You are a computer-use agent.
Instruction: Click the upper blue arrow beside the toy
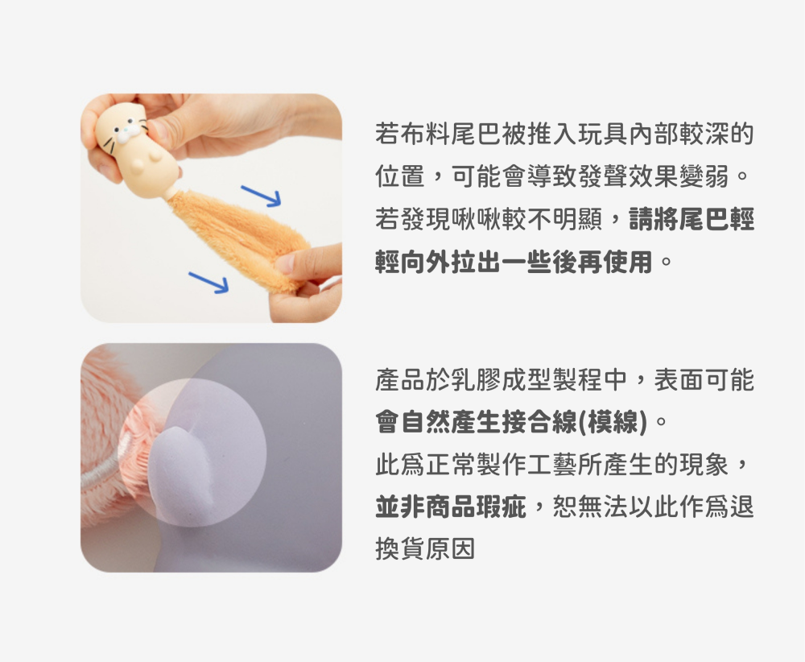click(262, 196)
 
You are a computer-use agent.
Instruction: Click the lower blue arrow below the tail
click(209, 283)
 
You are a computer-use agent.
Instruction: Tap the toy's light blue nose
click(126, 134)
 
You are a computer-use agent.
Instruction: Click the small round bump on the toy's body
click(138, 163)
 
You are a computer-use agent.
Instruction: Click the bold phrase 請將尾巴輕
click(691, 219)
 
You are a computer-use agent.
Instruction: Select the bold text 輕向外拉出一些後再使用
click(514, 262)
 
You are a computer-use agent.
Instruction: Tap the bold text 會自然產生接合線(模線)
click(511, 422)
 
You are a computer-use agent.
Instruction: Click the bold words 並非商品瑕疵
click(451, 507)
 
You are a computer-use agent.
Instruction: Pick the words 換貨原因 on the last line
click(426, 548)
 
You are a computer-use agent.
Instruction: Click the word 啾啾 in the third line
click(476, 219)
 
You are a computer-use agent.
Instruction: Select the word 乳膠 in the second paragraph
click(476, 380)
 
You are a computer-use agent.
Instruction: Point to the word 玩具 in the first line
click(601, 134)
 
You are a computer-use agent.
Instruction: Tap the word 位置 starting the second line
click(400, 176)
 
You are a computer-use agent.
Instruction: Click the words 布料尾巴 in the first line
click(451, 134)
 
